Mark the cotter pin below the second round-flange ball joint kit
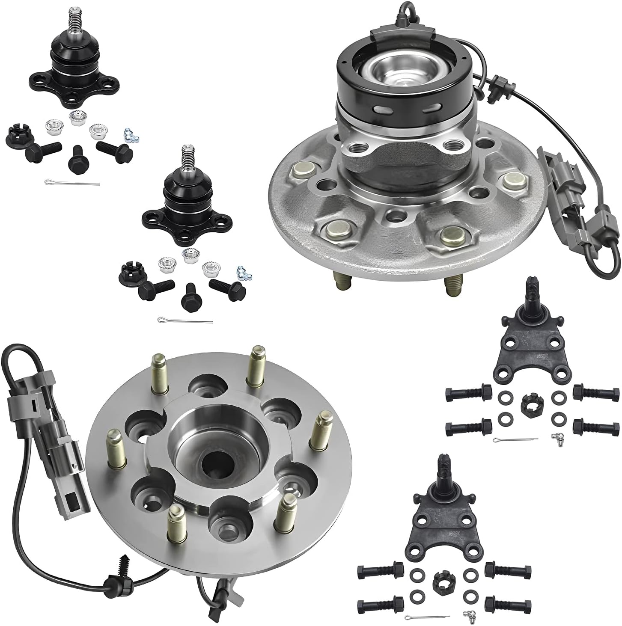(185, 320)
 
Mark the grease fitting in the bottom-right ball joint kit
(467, 615)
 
